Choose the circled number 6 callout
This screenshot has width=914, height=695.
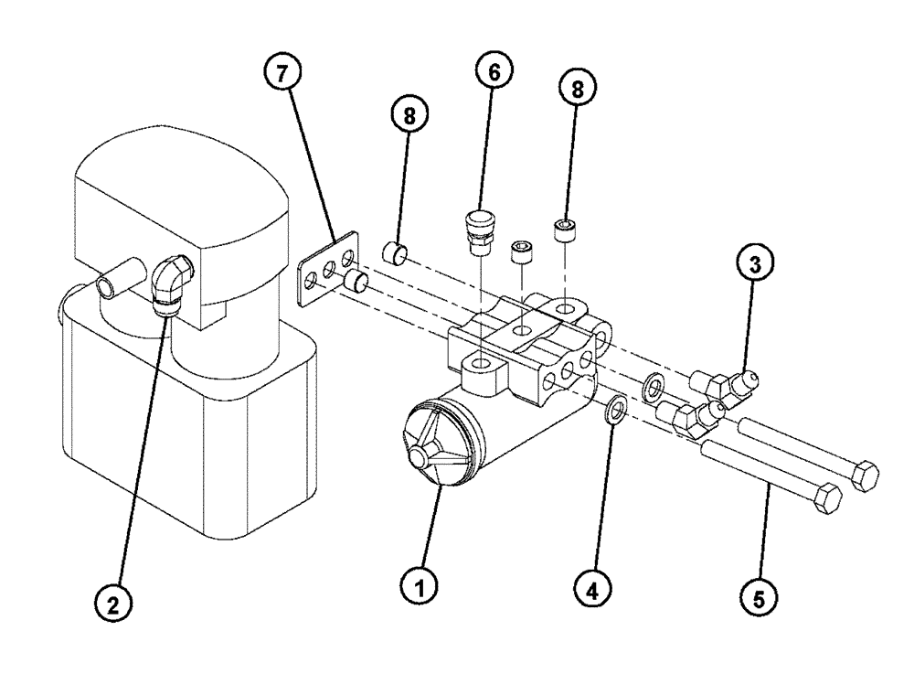[494, 72]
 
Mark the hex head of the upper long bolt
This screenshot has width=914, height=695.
[863, 476]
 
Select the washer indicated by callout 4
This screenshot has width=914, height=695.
[615, 410]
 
